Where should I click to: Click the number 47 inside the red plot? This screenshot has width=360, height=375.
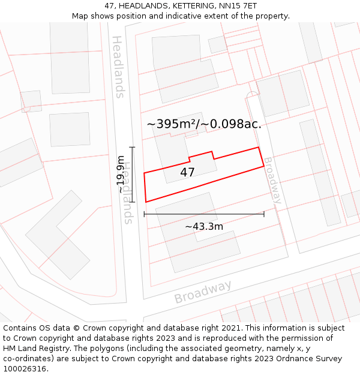pyautogui.click(x=187, y=173)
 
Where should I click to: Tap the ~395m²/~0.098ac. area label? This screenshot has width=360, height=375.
pyautogui.click(x=204, y=124)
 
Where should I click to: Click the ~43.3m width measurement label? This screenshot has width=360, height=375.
pyautogui.click(x=204, y=226)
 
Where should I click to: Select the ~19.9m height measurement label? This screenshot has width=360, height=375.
pyautogui.click(x=121, y=174)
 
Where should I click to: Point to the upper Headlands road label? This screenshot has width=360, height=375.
pyautogui.click(x=118, y=67)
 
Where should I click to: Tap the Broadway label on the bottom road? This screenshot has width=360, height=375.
pyautogui.click(x=203, y=292)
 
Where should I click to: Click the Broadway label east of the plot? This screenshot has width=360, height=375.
pyautogui.click(x=272, y=181)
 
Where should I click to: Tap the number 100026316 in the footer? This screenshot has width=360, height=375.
pyautogui.click(x=25, y=369)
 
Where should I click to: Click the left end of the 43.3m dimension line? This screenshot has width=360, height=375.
pyautogui.click(x=144, y=214)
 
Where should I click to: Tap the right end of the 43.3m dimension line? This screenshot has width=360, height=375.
pyautogui.click(x=264, y=214)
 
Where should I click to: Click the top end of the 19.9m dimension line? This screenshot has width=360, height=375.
pyautogui.click(x=132, y=147)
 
